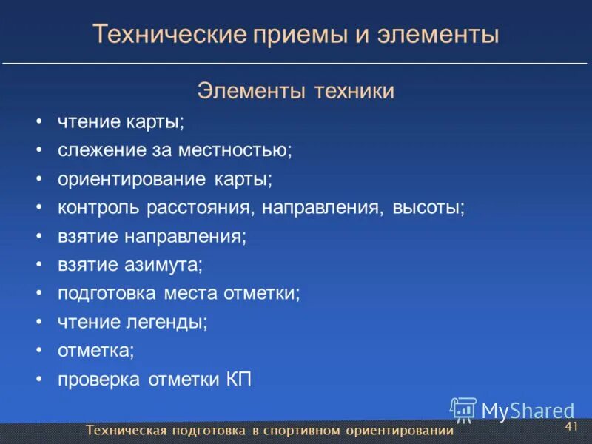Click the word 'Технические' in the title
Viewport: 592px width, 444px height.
point(168,34)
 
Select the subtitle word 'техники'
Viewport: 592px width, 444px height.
point(354,91)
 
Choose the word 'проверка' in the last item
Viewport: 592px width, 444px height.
point(98,380)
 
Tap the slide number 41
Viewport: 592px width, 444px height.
point(571,427)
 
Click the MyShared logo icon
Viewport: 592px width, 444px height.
point(463,409)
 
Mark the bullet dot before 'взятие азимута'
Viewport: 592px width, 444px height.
point(38,265)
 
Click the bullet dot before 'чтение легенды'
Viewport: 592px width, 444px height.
point(38,323)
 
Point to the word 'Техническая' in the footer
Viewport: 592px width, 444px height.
point(126,431)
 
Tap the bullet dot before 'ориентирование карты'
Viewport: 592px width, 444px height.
point(38,179)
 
